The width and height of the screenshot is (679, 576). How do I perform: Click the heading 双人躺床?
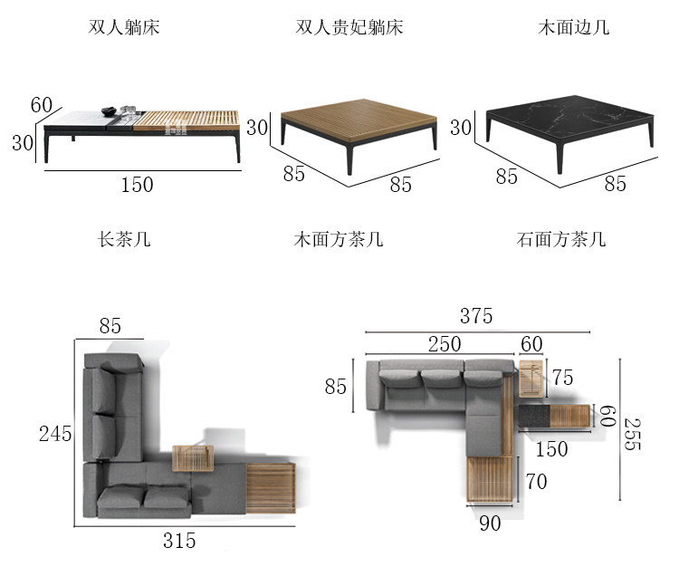[x=124, y=27]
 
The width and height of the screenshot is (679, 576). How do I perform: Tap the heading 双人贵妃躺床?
[x=349, y=27]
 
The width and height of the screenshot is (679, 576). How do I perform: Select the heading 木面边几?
[x=574, y=27]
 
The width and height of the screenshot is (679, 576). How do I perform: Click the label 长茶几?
[x=124, y=239]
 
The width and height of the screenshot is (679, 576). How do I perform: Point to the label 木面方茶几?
[x=339, y=239]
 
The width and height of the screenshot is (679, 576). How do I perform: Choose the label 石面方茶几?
[x=561, y=239]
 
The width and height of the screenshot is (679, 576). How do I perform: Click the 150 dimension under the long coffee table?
[x=137, y=185]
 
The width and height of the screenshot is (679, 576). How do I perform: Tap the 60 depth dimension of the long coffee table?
[x=42, y=105]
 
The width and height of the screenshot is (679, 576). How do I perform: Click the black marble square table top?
[x=569, y=119]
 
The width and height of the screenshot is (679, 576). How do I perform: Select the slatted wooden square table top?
[x=359, y=120]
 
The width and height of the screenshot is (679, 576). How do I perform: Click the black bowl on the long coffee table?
[x=110, y=111]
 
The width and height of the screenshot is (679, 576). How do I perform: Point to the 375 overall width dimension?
[x=476, y=316]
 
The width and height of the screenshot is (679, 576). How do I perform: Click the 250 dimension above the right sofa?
[x=445, y=344]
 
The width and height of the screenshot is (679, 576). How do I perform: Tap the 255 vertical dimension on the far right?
[x=632, y=434]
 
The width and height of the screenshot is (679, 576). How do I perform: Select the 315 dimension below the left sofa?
[x=179, y=541]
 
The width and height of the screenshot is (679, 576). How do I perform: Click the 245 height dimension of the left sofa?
[x=55, y=434]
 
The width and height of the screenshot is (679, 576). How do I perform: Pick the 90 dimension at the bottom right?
[x=490, y=523]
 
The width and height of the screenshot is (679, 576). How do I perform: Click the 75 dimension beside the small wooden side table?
[x=562, y=378]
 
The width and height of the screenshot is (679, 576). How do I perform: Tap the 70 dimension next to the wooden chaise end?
[x=537, y=482]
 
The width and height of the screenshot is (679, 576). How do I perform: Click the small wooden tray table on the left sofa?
[x=193, y=458]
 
